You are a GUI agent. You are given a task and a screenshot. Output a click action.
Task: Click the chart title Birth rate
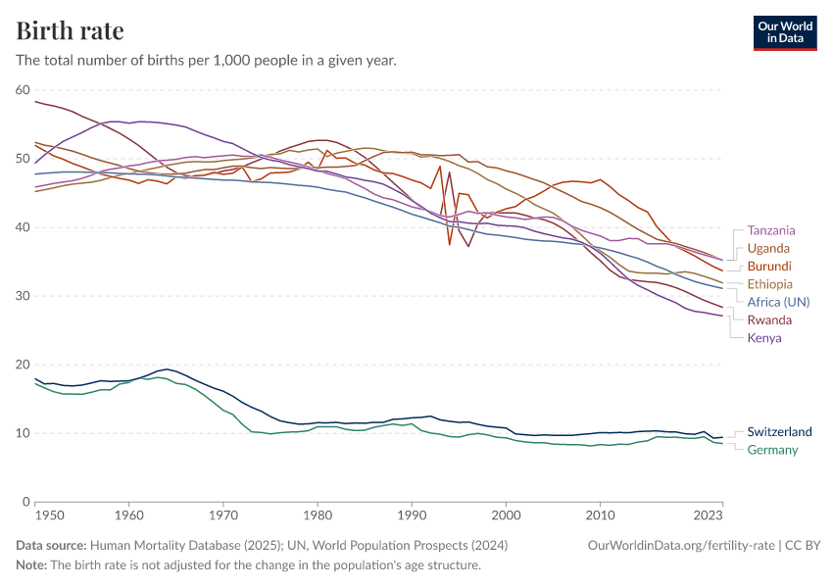click(70, 31)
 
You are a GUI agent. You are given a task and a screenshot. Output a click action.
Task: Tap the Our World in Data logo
click(784, 32)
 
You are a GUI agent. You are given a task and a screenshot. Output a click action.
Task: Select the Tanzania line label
click(771, 230)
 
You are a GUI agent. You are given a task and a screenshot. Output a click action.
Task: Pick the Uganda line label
click(768, 248)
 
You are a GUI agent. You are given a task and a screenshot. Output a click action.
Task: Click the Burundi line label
click(769, 266)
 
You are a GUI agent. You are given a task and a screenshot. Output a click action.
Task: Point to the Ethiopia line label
click(770, 284)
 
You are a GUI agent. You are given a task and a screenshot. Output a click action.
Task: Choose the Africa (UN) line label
click(778, 302)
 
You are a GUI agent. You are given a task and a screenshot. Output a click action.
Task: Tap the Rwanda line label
click(769, 320)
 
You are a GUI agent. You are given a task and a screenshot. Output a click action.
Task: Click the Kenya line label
click(764, 338)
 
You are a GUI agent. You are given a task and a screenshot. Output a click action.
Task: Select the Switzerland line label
click(779, 432)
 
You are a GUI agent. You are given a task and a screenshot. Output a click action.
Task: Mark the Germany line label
click(772, 450)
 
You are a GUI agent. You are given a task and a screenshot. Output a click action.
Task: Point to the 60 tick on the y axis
click(23, 90)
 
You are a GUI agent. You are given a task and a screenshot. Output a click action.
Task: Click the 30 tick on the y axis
click(23, 296)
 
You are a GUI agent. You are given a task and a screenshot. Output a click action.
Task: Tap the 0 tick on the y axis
click(26, 502)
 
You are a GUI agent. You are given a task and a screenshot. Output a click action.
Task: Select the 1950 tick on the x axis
click(47, 514)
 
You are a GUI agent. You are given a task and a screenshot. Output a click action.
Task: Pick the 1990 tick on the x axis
click(412, 514)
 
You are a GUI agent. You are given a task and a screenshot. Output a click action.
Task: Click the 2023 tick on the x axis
click(709, 514)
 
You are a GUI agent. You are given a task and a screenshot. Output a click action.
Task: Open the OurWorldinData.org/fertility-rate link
click(677, 545)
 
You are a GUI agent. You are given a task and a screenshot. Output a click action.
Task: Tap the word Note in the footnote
click(32, 565)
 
